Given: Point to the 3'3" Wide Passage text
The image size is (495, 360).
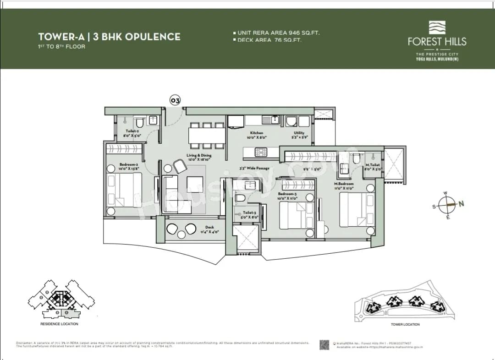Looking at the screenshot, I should [x=254, y=168].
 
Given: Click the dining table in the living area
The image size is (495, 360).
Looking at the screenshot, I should [x=207, y=136].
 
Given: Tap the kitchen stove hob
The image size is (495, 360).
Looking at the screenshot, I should [x=261, y=152].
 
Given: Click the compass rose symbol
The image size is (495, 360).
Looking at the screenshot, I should [x=446, y=205].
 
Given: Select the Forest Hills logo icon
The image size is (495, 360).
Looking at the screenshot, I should [x=437, y=27].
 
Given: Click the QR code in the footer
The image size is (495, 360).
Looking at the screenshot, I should [x=324, y=345].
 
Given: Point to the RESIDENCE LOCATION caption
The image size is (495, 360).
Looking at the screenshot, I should [x=59, y=324].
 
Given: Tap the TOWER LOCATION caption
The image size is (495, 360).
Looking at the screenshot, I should [x=405, y=324].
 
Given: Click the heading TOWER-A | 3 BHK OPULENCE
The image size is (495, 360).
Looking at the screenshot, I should [x=109, y=37].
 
